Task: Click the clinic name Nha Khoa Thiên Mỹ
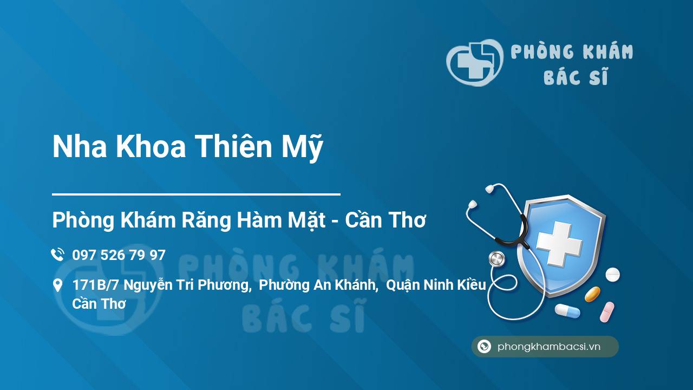click(x=187, y=147)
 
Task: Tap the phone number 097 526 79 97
click(x=119, y=255)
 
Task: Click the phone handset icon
click(x=57, y=255)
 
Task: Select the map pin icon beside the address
click(x=57, y=285)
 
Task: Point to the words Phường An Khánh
click(x=318, y=285)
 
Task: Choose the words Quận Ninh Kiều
click(x=436, y=285)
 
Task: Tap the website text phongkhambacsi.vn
click(x=549, y=347)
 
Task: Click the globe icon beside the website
click(x=484, y=347)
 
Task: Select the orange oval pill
click(x=592, y=295)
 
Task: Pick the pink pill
click(x=607, y=312)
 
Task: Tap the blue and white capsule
click(x=567, y=311)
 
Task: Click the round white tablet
click(x=612, y=275)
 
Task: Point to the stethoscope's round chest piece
click(x=496, y=259)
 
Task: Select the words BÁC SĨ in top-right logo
click(x=576, y=77)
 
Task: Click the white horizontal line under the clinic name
click(x=196, y=193)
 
